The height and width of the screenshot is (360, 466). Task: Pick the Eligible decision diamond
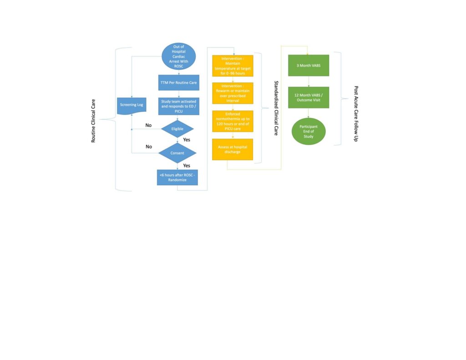(x=177, y=129)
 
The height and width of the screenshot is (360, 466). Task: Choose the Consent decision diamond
(x=177, y=153)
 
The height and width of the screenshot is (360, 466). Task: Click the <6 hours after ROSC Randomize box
(x=177, y=177)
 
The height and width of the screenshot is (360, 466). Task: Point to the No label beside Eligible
(x=148, y=125)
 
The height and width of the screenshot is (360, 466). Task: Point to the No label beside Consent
(x=148, y=147)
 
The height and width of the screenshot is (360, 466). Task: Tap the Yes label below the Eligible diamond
(x=187, y=140)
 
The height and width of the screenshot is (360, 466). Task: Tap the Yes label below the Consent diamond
(x=187, y=165)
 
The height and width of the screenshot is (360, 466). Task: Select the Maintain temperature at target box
(x=233, y=66)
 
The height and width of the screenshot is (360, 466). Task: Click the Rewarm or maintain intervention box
(x=233, y=93)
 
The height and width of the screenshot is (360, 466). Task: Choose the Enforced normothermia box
(x=233, y=121)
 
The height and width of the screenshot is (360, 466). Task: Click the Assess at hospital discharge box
(x=233, y=149)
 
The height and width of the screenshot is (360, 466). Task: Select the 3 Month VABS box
(x=309, y=66)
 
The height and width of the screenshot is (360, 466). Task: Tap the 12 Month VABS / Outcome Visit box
(x=309, y=97)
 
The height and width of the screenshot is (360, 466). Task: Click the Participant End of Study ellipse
(x=309, y=131)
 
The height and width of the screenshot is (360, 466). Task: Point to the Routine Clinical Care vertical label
(x=94, y=119)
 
